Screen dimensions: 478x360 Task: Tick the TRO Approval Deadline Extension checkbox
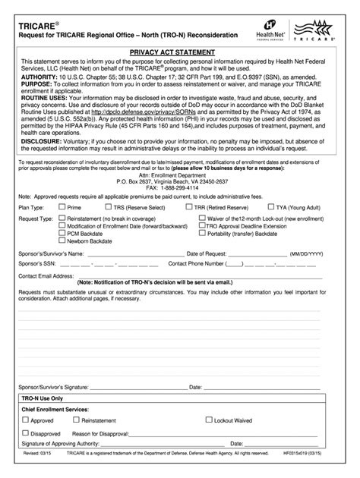pyautogui.click(x=201, y=225)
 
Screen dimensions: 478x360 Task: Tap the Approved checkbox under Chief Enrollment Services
pyautogui.click(x=25, y=420)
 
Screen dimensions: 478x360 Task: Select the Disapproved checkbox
pyautogui.click(x=25, y=433)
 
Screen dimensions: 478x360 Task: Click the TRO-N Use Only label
pyautogui.click(x=42, y=398)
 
